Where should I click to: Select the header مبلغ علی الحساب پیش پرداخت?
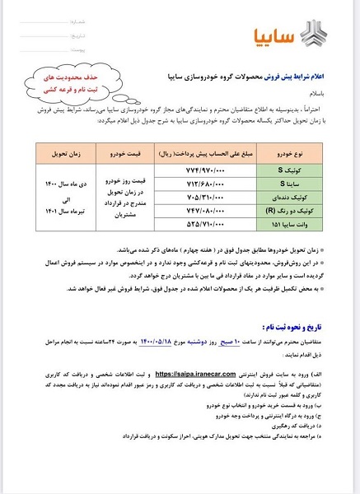coord(213,132)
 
